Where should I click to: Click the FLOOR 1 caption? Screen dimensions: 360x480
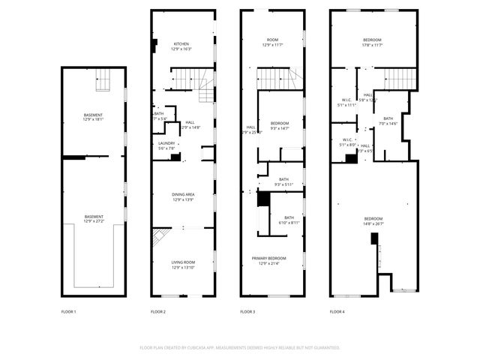click(68, 311)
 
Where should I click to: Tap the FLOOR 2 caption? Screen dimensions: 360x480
click(157, 311)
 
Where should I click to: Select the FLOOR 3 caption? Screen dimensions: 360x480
click(247, 311)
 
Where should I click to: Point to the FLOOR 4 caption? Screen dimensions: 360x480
click(337, 311)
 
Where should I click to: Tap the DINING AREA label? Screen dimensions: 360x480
click(183, 196)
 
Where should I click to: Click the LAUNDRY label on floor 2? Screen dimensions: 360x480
click(166, 145)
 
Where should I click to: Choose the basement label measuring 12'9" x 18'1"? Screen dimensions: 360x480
click(94, 116)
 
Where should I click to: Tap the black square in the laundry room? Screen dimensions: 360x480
click(175, 157)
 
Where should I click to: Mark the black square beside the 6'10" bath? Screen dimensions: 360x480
click(263, 199)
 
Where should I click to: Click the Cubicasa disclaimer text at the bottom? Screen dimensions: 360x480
click(240, 347)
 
